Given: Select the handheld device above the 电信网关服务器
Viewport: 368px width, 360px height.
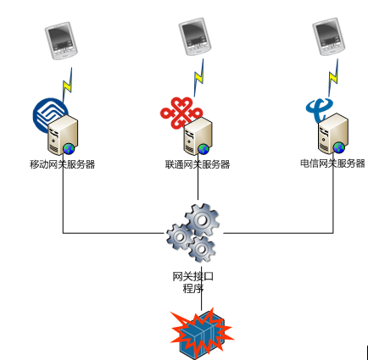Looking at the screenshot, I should [x=329, y=38].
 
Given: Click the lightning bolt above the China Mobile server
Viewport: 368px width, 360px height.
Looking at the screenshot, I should [x=68, y=85].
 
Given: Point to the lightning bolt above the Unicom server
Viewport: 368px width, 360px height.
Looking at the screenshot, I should [x=200, y=82].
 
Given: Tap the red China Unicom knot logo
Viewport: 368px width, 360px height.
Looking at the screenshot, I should [x=177, y=113].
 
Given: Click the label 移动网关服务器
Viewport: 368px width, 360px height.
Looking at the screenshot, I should [x=62, y=163].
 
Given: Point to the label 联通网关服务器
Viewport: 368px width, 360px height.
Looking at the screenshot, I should [x=197, y=163].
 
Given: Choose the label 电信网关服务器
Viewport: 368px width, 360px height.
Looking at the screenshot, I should [x=332, y=163].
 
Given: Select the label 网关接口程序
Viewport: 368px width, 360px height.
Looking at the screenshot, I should [x=192, y=282].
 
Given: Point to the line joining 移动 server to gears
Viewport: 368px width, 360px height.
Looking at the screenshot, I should [x=110, y=232].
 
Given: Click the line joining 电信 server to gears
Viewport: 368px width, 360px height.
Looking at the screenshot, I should [x=280, y=232].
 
